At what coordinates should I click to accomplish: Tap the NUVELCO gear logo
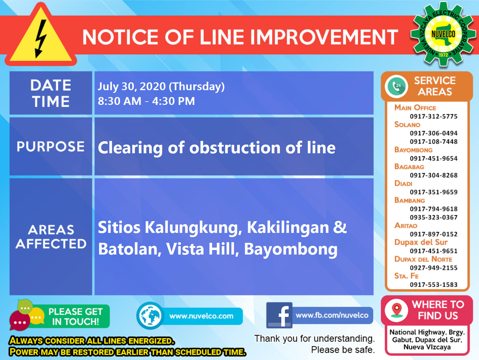click(x=443, y=34)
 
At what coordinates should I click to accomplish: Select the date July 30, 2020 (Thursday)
click(x=161, y=87)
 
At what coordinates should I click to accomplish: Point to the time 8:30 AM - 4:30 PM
click(x=146, y=101)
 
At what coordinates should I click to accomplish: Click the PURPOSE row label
click(x=51, y=147)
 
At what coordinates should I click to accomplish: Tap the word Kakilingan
click(x=288, y=227)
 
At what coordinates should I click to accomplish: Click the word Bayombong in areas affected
click(x=290, y=249)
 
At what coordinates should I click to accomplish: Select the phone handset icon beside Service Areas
click(x=397, y=86)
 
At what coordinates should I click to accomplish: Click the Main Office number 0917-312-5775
click(x=433, y=116)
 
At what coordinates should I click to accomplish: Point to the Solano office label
click(x=407, y=124)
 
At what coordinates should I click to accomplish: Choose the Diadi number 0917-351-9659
click(x=433, y=192)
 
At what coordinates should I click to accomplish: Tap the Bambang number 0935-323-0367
click(x=433, y=217)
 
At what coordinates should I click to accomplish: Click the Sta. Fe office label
click(x=406, y=276)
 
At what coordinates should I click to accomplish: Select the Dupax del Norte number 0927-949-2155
click(x=433, y=268)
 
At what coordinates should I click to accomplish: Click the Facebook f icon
click(x=279, y=315)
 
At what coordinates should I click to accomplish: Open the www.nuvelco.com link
click(x=201, y=316)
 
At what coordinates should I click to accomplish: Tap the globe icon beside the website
click(x=150, y=316)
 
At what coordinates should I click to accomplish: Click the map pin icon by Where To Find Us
click(x=397, y=310)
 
